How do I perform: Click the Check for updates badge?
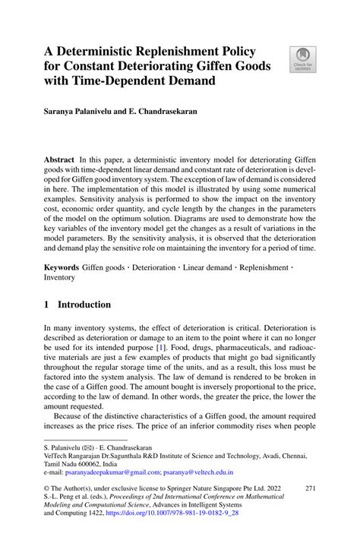[303, 59]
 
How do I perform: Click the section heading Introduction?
[80, 305]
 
